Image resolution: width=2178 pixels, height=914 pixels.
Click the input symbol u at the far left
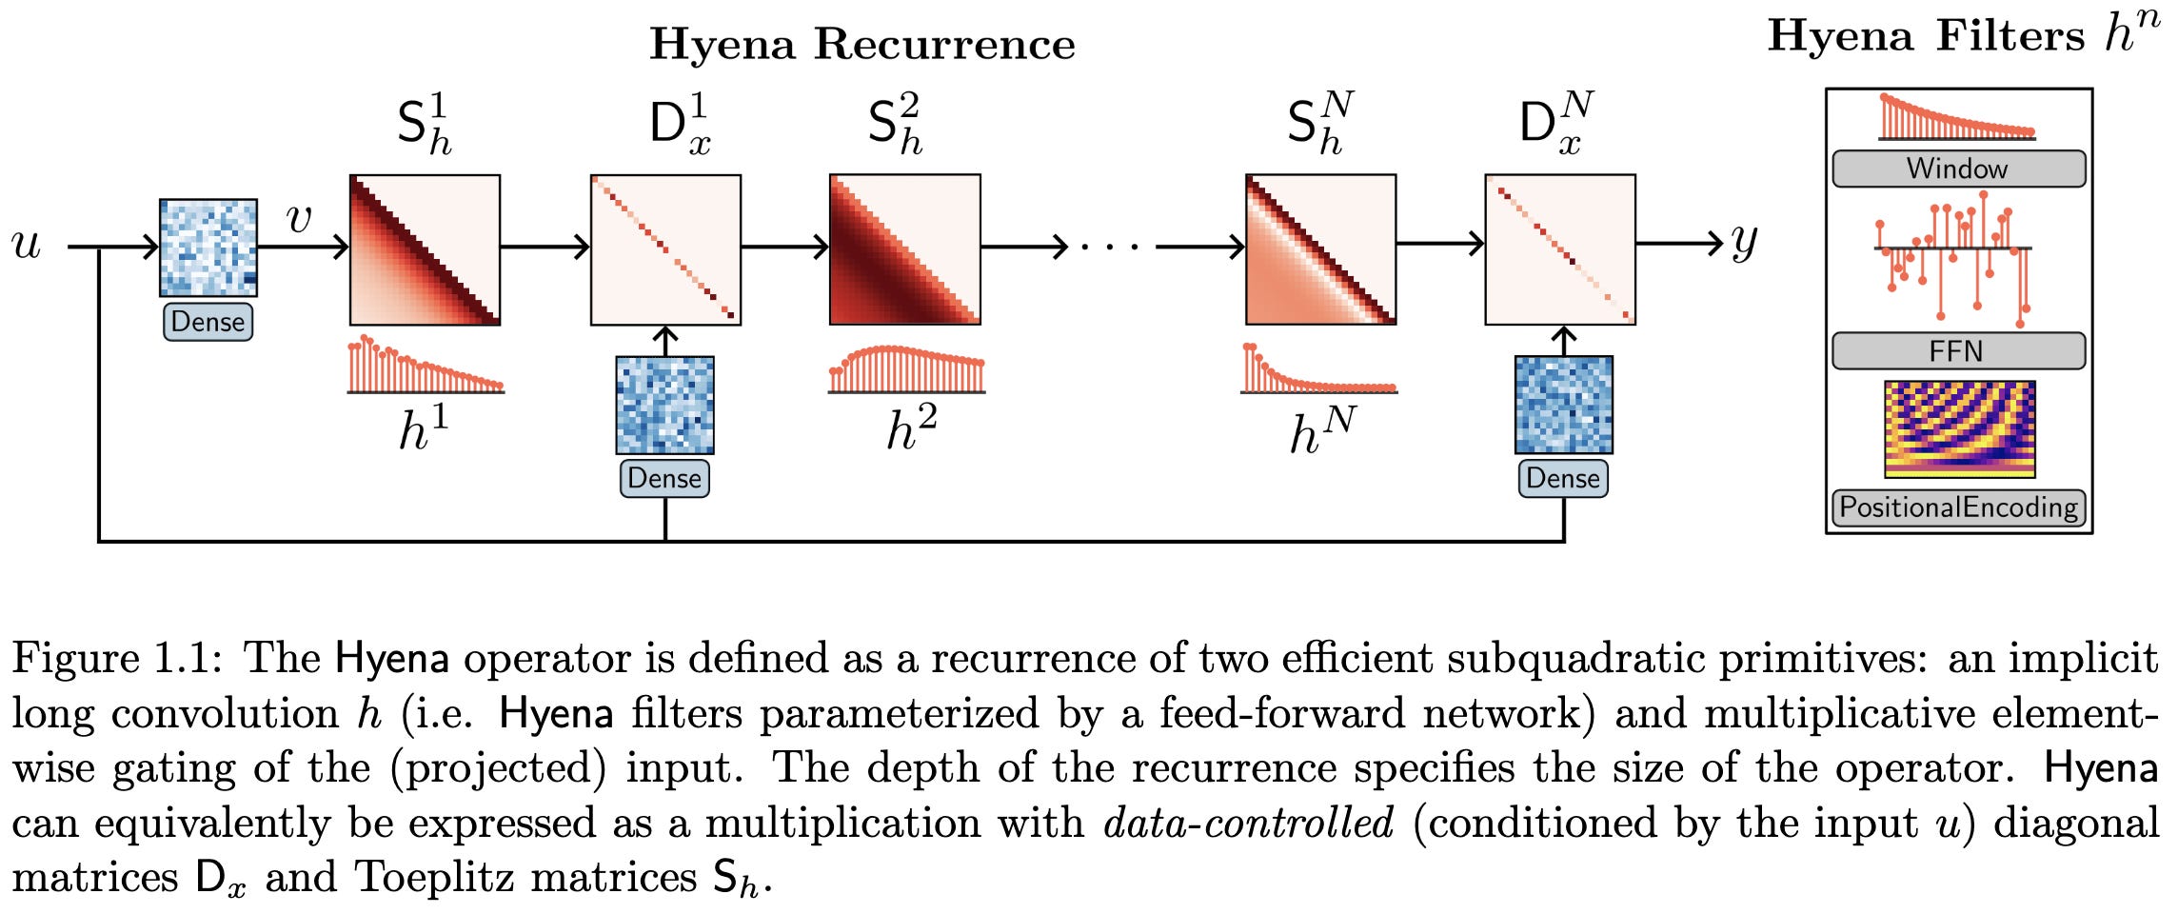[x=27, y=245]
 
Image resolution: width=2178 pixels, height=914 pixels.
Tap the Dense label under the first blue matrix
[x=208, y=322]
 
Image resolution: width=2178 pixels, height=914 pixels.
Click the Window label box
[x=1958, y=169]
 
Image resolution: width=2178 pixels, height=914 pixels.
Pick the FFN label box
[x=1958, y=350]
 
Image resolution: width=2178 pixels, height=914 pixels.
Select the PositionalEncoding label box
[x=1958, y=507]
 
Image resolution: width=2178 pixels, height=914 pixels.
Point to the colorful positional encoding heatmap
[x=1959, y=428]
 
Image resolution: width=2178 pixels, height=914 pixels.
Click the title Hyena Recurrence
[x=861, y=44]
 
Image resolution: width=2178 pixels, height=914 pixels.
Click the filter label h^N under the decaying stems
[x=1321, y=430]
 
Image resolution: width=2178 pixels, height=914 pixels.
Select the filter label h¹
[x=423, y=427]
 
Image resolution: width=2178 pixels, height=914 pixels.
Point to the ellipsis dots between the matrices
[x=1110, y=248]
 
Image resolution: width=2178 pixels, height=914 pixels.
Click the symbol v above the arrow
[x=299, y=219]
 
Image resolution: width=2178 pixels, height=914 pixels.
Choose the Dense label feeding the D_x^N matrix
[x=1563, y=478]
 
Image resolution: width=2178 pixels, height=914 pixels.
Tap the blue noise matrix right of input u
[x=208, y=248]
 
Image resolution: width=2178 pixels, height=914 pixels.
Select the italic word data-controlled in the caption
[x=1249, y=823]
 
